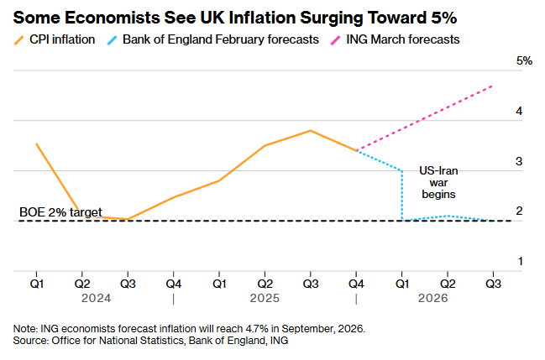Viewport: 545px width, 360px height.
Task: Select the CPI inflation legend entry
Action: coord(59,39)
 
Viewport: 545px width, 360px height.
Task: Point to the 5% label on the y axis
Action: coord(525,60)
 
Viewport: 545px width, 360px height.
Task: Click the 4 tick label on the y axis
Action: coord(520,111)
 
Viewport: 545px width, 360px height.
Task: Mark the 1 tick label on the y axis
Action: coord(520,261)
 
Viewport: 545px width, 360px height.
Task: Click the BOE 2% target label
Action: coord(60,214)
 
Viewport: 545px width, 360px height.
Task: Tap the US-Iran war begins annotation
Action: coord(438,182)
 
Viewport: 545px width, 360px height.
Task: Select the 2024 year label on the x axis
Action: coord(83,299)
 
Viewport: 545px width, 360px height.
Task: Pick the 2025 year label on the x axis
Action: coord(265,299)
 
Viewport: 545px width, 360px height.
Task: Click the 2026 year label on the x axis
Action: coord(447,299)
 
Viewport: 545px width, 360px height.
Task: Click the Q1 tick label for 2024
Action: coord(37,284)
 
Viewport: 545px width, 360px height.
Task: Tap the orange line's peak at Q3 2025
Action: coord(310,130)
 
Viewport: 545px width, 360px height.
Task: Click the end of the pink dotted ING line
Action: coord(492,86)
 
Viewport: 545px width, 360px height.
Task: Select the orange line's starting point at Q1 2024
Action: coord(37,143)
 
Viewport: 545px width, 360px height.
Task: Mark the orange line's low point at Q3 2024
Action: coord(128,219)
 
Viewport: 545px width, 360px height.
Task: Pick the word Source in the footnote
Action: coord(30,341)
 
